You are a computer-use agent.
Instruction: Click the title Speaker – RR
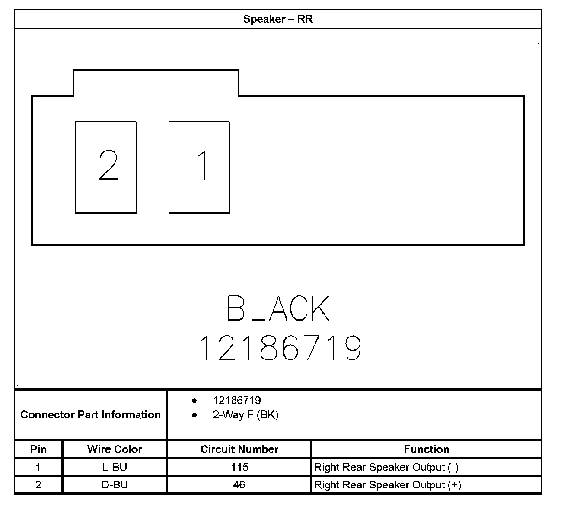[x=278, y=19]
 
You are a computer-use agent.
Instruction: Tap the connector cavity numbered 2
[x=106, y=167]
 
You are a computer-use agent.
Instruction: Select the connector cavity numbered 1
[x=199, y=167]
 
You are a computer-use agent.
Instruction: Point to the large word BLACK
[x=278, y=308]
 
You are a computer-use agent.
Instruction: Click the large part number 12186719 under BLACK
[x=280, y=348]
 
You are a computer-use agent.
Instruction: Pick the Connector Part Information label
[x=90, y=415]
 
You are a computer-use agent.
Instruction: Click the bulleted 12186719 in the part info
[x=237, y=401]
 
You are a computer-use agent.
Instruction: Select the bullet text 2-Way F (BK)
[x=245, y=415]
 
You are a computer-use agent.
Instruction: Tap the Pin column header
[x=38, y=449]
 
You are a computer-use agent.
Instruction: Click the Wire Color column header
[x=115, y=449]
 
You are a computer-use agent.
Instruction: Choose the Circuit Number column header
[x=239, y=449]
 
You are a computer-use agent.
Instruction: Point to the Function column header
[x=426, y=449]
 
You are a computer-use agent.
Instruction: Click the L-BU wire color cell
[x=115, y=467]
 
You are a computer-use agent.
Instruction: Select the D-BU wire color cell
[x=115, y=485]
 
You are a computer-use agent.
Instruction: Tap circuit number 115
[x=239, y=467]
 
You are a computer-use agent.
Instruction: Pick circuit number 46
[x=239, y=485]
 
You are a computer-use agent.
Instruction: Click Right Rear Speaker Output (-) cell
[x=386, y=467]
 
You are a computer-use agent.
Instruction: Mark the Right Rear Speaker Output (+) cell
[x=388, y=485]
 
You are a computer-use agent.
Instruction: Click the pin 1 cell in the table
[x=38, y=467]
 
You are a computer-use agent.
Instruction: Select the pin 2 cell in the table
[x=38, y=485]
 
